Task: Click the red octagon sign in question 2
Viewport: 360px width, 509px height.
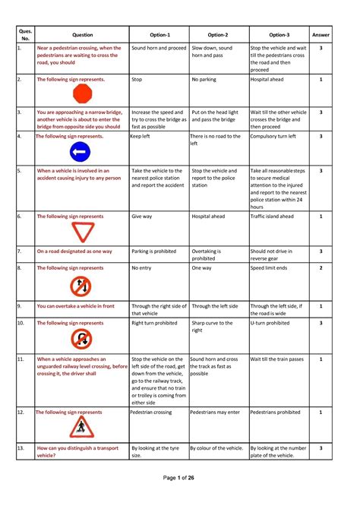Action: (81, 94)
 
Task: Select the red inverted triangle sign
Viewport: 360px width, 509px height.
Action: (81, 231)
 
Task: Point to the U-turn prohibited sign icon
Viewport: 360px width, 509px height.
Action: (81, 338)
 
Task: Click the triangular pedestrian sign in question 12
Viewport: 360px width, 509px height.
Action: (80, 428)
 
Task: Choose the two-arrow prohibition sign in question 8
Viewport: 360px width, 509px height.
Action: (81, 286)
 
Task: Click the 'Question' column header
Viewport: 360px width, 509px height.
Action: (82, 34)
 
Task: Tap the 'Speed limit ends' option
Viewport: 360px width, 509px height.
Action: (272, 268)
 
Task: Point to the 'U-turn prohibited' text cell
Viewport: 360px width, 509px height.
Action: (270, 323)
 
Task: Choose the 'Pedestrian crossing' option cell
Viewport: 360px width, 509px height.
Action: (151, 413)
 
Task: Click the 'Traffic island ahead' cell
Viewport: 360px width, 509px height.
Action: (276, 216)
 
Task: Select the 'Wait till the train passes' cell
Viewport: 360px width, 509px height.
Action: (278, 359)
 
